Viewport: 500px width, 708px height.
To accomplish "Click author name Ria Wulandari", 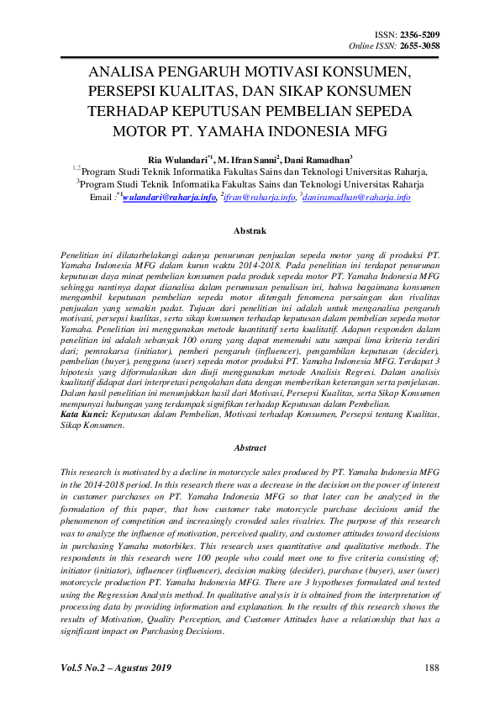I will [178, 158].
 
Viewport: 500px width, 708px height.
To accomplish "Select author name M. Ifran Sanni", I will [248, 158].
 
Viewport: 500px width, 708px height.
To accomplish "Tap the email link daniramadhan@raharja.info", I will [357, 197].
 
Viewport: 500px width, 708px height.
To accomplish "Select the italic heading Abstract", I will [250, 448].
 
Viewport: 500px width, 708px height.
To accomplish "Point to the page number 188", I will [432, 668].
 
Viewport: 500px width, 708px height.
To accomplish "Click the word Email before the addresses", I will [100, 197].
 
